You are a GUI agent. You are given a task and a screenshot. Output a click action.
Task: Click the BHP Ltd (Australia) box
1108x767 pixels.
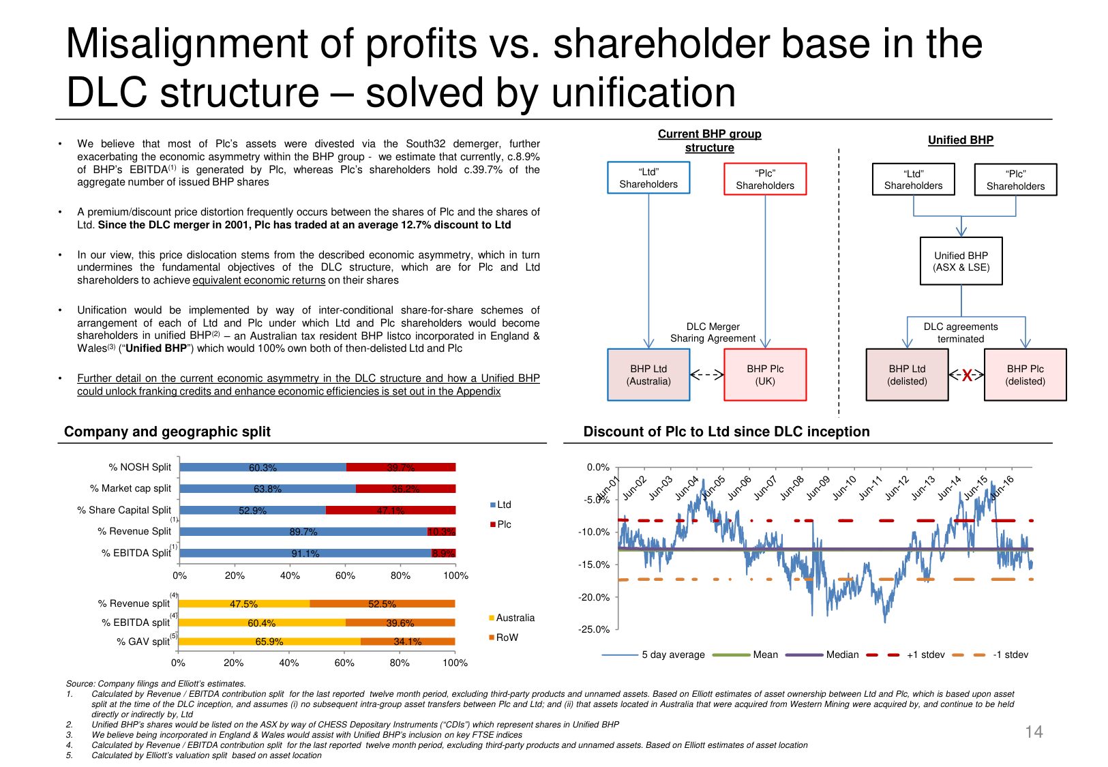pyautogui.click(x=648, y=374)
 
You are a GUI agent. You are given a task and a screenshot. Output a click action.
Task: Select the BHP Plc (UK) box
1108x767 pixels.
pyautogui.click(x=764, y=374)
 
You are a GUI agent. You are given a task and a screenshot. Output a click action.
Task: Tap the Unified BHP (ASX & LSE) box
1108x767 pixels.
pyautogui.click(x=961, y=261)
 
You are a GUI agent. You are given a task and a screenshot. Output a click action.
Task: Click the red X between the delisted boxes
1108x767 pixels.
pyautogui.click(x=967, y=375)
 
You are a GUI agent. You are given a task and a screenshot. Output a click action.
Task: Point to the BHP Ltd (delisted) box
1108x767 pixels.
pyautogui.click(x=907, y=374)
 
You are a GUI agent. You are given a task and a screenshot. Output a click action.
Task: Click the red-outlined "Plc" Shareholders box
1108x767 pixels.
pyautogui.click(x=764, y=179)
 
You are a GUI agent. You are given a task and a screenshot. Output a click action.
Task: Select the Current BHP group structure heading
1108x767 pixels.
pyautogui.click(x=709, y=140)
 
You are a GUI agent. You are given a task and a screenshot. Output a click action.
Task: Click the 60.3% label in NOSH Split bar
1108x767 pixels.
pyautogui.click(x=263, y=468)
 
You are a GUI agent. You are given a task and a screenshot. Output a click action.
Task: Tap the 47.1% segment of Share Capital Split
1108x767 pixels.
pyautogui.click(x=391, y=510)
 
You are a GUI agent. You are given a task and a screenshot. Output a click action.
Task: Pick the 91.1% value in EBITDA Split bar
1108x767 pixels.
pyautogui.click(x=305, y=554)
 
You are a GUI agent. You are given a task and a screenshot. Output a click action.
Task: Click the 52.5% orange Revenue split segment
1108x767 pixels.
pyautogui.click(x=382, y=604)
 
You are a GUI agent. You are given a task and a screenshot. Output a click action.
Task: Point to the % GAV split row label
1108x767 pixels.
pyautogui.click(x=143, y=642)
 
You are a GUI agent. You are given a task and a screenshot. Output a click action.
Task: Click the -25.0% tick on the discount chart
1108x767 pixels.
pyautogui.click(x=594, y=629)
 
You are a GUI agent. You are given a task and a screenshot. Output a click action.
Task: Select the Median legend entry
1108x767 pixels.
pyautogui.click(x=841, y=655)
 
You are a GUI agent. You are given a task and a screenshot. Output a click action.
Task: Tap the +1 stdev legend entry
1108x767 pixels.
pyautogui.click(x=925, y=655)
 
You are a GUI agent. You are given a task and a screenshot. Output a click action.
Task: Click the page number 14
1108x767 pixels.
pyautogui.click(x=1034, y=732)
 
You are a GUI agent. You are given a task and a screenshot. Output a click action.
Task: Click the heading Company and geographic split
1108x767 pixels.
pyautogui.click(x=167, y=432)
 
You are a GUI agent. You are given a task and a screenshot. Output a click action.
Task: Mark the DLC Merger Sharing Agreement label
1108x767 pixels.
pyautogui.click(x=713, y=332)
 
